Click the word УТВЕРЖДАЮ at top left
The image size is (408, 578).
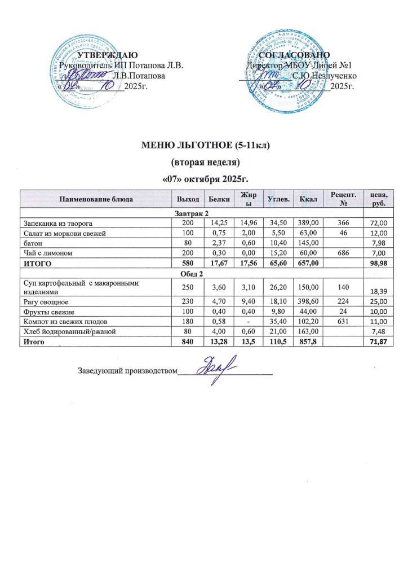[107, 55]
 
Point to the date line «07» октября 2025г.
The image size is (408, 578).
[205, 179]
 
